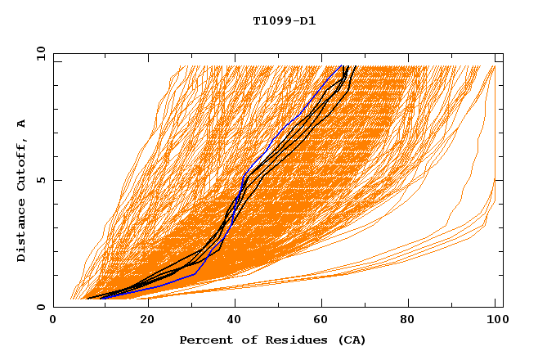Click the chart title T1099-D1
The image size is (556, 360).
point(284,20)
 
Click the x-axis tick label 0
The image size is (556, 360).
point(54,320)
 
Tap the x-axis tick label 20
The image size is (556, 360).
point(146,320)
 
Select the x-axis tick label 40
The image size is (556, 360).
point(235,320)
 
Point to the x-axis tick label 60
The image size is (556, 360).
point(323,320)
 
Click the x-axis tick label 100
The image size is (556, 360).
point(495,320)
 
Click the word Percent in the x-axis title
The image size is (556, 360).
point(203,340)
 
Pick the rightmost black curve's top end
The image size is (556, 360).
point(355,65)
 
